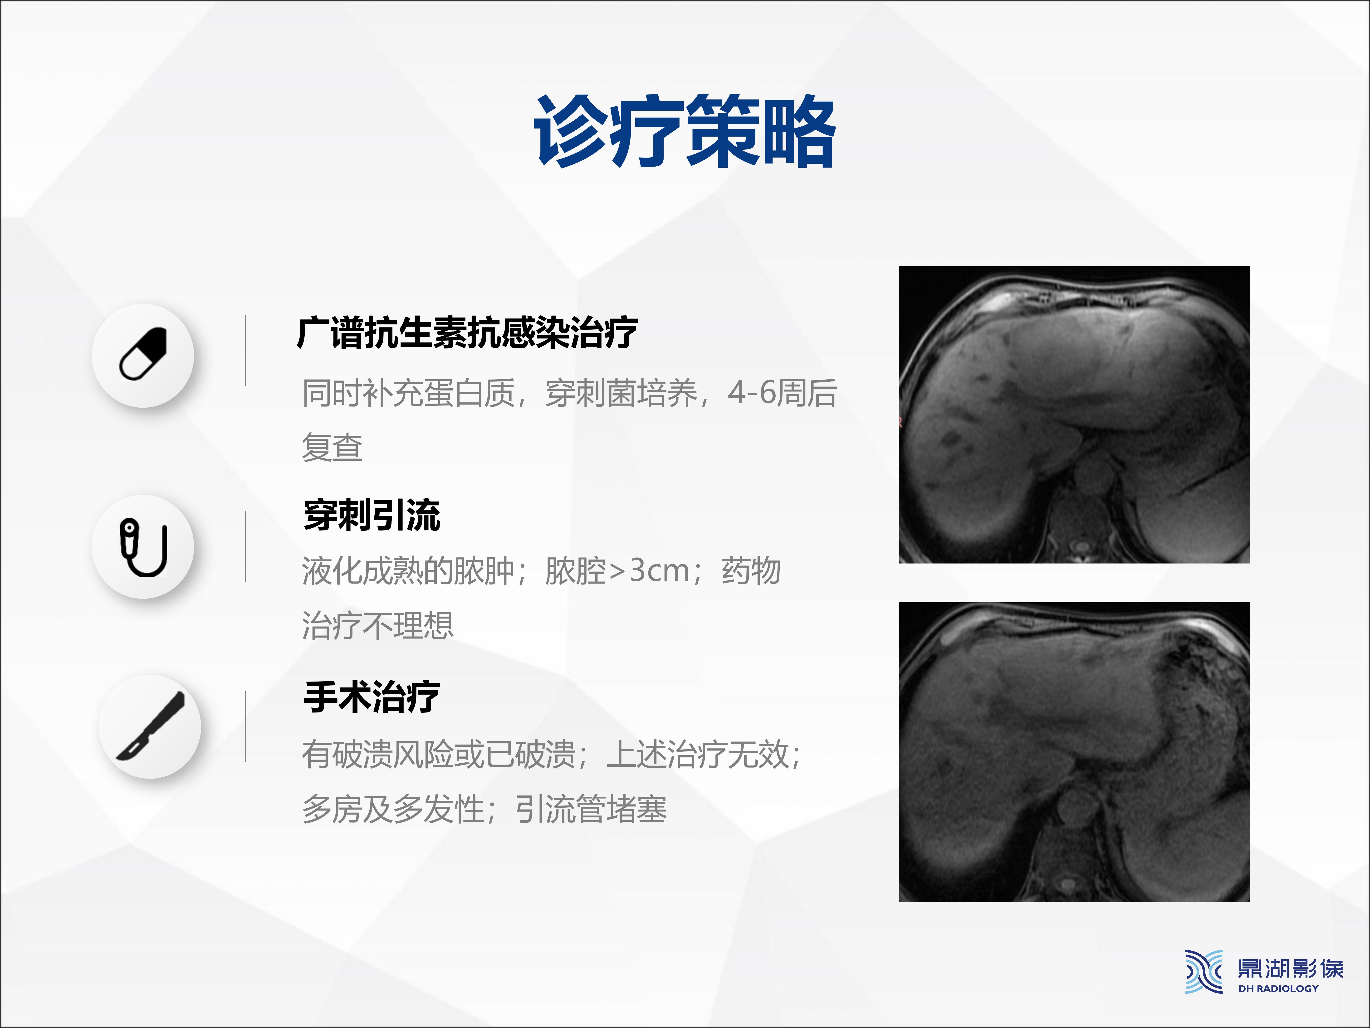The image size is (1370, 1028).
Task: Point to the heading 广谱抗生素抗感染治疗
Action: (468, 333)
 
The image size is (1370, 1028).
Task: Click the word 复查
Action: (332, 447)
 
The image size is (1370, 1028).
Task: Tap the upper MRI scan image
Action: (1074, 415)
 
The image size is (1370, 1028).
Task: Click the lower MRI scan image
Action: (1074, 752)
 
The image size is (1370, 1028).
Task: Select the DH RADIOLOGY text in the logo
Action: (1278, 988)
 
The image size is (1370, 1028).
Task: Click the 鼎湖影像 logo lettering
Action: (1290, 969)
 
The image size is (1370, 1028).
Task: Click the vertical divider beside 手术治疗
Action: (246, 726)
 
